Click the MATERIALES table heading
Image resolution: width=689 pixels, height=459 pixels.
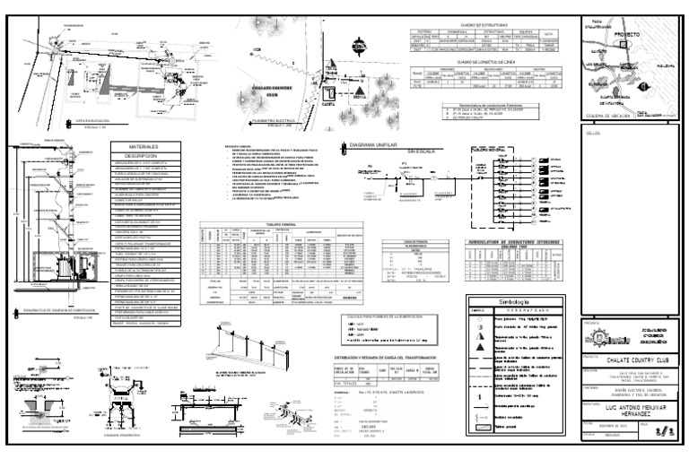click(144, 144)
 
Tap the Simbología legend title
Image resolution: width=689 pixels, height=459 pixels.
click(512, 303)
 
